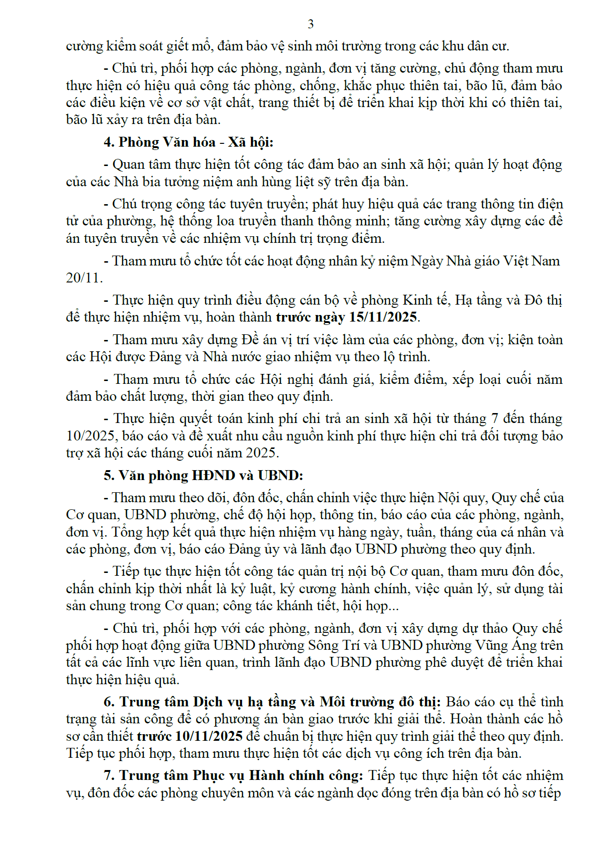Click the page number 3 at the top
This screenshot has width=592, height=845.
[310, 24]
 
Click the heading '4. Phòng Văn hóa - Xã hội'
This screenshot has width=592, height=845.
[188, 142]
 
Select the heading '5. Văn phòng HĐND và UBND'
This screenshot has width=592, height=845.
[203, 475]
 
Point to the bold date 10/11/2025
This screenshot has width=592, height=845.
[209, 736]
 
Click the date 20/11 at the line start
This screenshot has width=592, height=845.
[83, 278]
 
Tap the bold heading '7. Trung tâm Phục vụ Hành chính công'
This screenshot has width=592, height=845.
[233, 776]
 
